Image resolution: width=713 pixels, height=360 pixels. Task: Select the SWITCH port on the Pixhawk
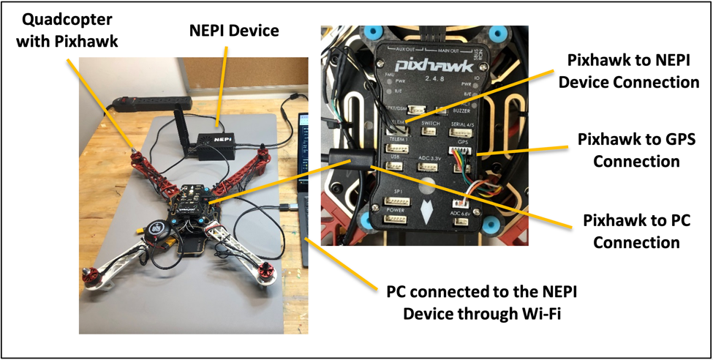point(431,133)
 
